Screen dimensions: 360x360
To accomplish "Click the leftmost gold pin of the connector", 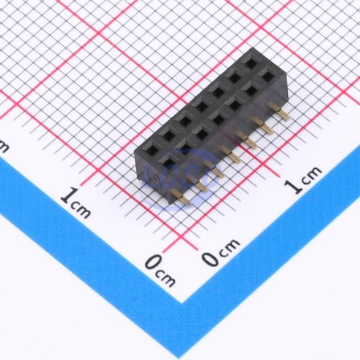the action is tap(181, 197).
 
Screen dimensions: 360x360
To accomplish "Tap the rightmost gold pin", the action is tap(279, 111).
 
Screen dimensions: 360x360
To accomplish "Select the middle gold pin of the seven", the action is tap(230, 154).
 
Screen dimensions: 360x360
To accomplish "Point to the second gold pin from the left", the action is tap(197, 183).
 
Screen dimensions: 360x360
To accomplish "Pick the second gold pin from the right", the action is tap(263, 126).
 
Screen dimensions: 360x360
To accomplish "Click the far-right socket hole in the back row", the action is tap(250, 62).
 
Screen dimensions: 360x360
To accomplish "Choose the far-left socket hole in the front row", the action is tap(170, 160).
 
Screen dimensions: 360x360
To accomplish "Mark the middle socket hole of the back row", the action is tap(202, 107).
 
